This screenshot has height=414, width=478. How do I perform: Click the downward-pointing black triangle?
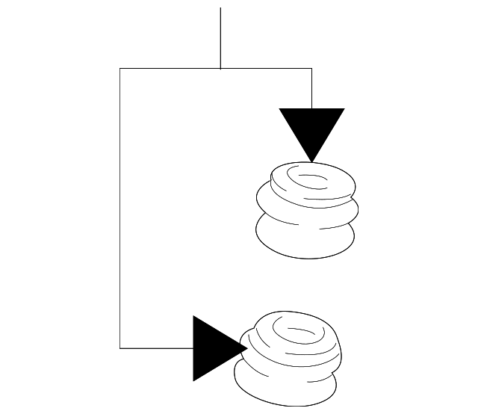coord(311,127)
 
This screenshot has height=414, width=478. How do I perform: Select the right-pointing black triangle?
coord(213,348)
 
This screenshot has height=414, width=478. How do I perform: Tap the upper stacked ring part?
coord(306,209)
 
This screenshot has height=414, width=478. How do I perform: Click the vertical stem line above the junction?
coord(220,37)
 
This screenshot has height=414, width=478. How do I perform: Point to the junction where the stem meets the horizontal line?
coord(220,69)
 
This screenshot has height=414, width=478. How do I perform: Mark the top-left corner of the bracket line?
coord(120,69)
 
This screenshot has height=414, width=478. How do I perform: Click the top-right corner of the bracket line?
coord(311,69)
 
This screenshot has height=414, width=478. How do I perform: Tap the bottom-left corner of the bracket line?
coord(120,347)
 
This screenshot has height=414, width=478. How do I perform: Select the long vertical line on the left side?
coord(120,209)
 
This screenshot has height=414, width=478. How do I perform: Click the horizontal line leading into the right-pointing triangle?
coord(157,347)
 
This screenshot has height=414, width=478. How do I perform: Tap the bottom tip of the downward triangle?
coord(311,161)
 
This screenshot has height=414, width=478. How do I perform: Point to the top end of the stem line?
coord(220,8)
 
